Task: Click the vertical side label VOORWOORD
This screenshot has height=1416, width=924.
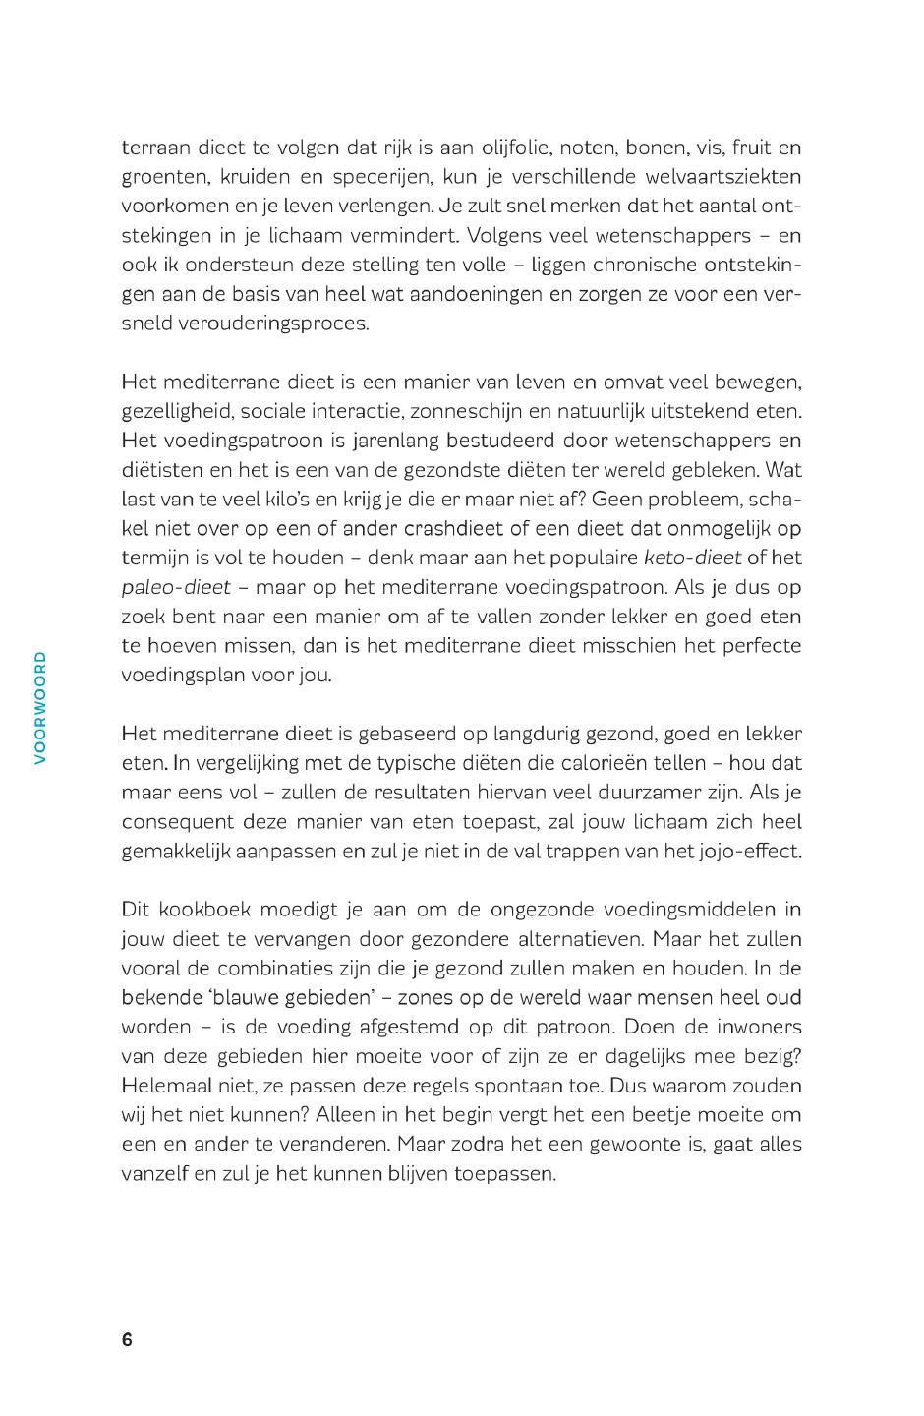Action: tap(40, 693)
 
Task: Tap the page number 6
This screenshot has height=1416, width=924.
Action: tap(126, 1339)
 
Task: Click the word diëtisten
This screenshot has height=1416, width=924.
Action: tap(162, 470)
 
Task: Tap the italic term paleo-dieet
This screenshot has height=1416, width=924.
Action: tap(176, 587)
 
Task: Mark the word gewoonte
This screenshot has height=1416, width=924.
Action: tap(637, 1144)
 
